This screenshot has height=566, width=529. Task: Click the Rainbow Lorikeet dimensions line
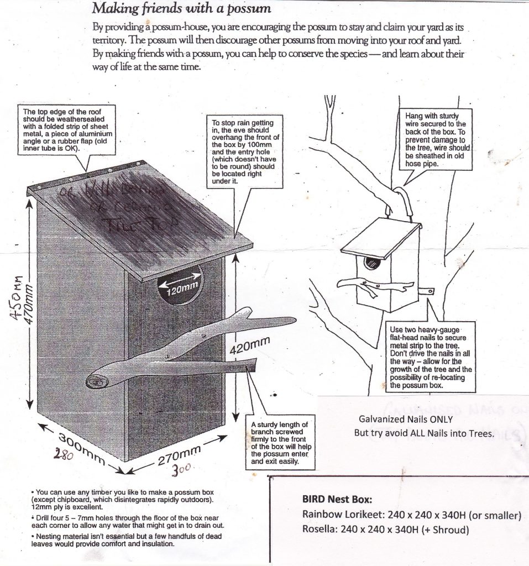pyautogui.click(x=411, y=515)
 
